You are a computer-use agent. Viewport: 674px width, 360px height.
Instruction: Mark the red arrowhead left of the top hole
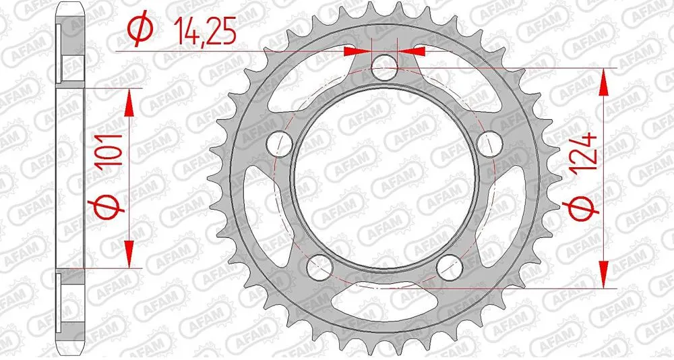pos(356,51)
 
